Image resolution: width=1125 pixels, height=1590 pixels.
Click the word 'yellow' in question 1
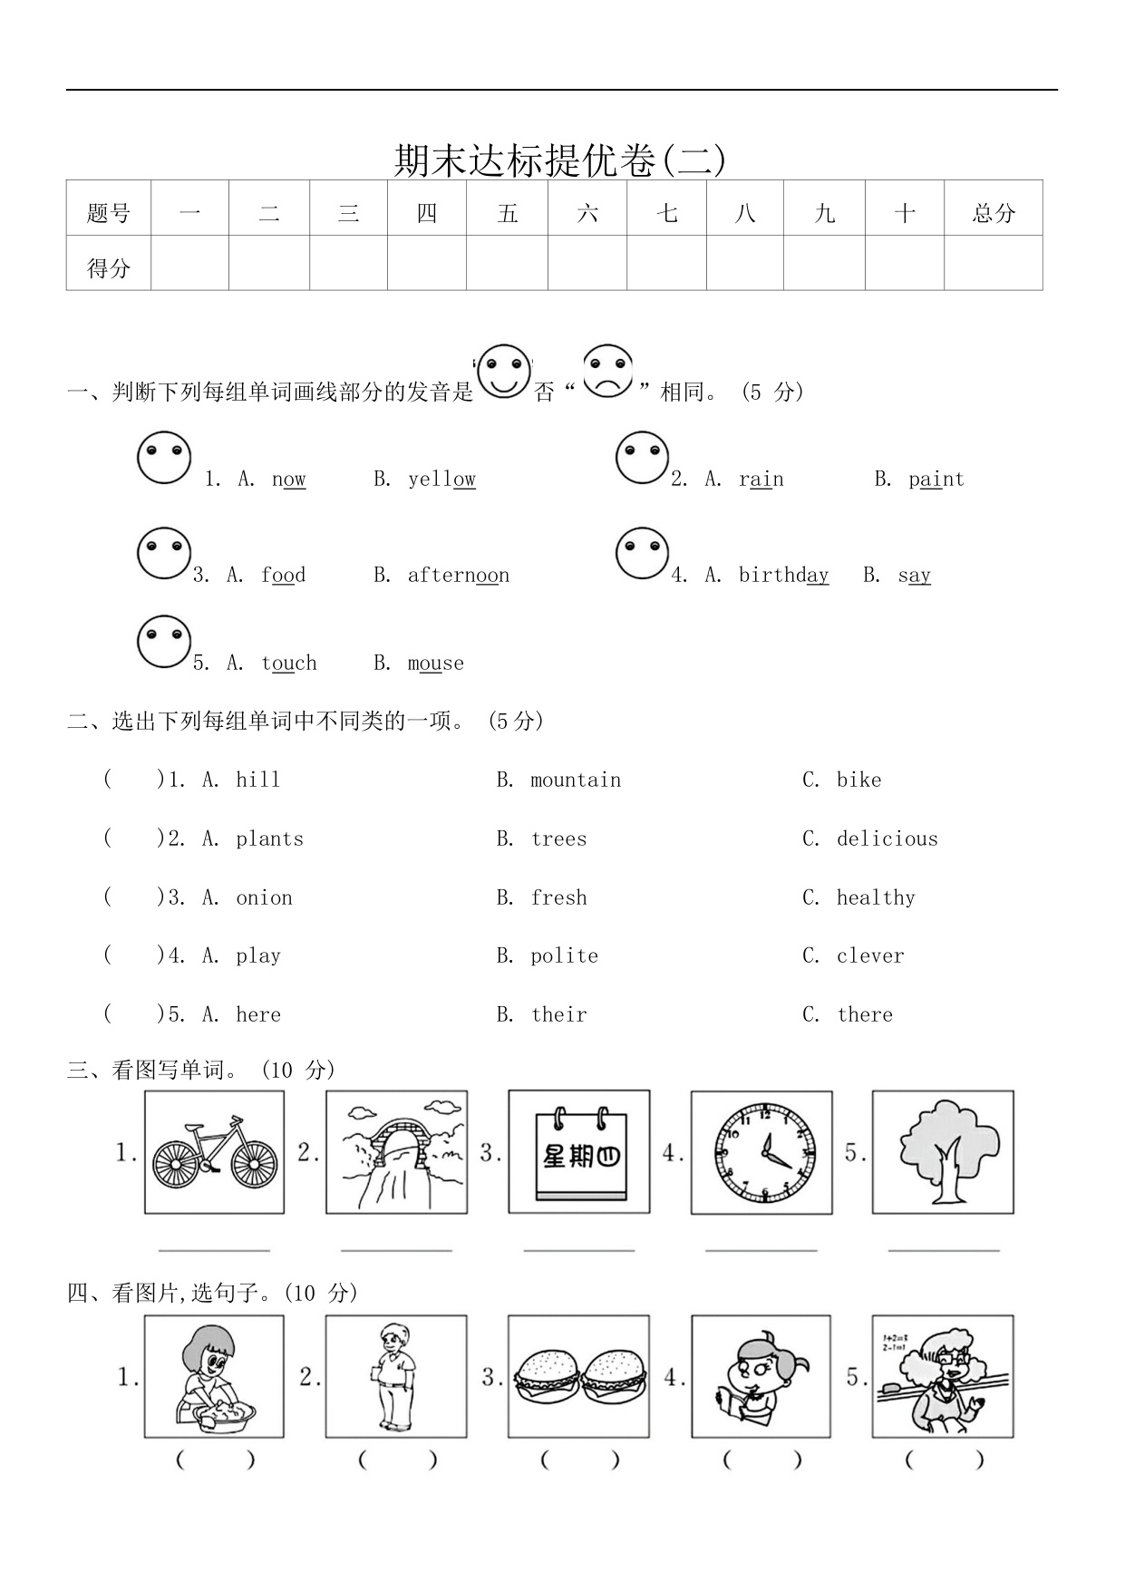coord(441,480)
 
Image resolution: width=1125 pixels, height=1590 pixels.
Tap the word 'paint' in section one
coord(936,480)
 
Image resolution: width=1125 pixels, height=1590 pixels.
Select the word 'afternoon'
coord(458,576)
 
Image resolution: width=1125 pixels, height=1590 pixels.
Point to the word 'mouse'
coord(435,664)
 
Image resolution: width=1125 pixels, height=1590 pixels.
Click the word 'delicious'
coord(887,839)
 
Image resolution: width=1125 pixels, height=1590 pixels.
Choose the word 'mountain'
coord(576,780)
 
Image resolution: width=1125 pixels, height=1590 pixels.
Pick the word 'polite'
coord(564,956)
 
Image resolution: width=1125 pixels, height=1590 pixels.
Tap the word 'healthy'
coord(875,898)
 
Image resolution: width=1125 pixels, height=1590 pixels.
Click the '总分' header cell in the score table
coord(993,213)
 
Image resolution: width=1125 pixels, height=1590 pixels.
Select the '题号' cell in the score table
coord(109,213)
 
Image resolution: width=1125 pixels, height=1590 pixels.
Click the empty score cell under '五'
coord(507,264)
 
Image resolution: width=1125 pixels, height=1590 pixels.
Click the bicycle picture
coord(215,1152)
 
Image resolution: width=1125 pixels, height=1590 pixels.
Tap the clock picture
coord(761,1153)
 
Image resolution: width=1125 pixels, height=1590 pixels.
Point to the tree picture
coord(943,1152)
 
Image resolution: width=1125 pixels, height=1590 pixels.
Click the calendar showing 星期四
coord(579,1152)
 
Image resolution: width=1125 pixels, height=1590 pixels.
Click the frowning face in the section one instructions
coord(607,371)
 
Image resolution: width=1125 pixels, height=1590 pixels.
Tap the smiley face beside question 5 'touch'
coord(164,642)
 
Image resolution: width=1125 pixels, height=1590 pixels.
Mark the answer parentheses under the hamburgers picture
coord(579,1460)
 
